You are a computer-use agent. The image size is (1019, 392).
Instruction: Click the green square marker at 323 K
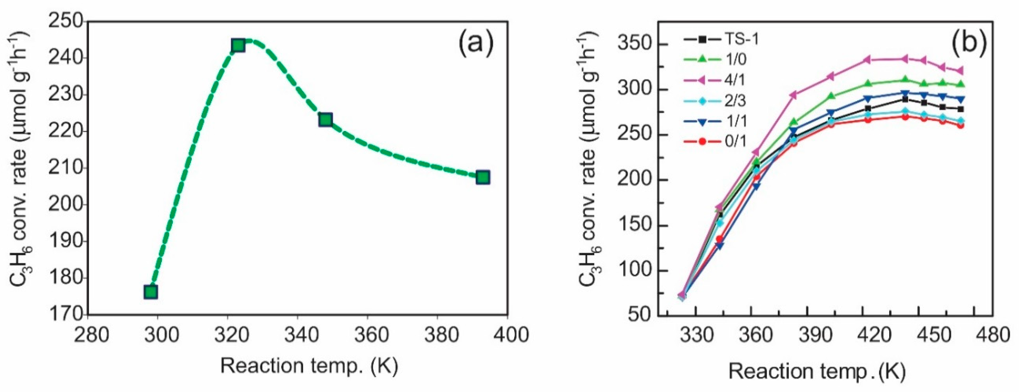pos(238,46)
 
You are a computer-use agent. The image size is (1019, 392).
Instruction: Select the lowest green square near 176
pos(151,292)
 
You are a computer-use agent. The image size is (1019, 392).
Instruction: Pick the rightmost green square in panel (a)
pos(483,178)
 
